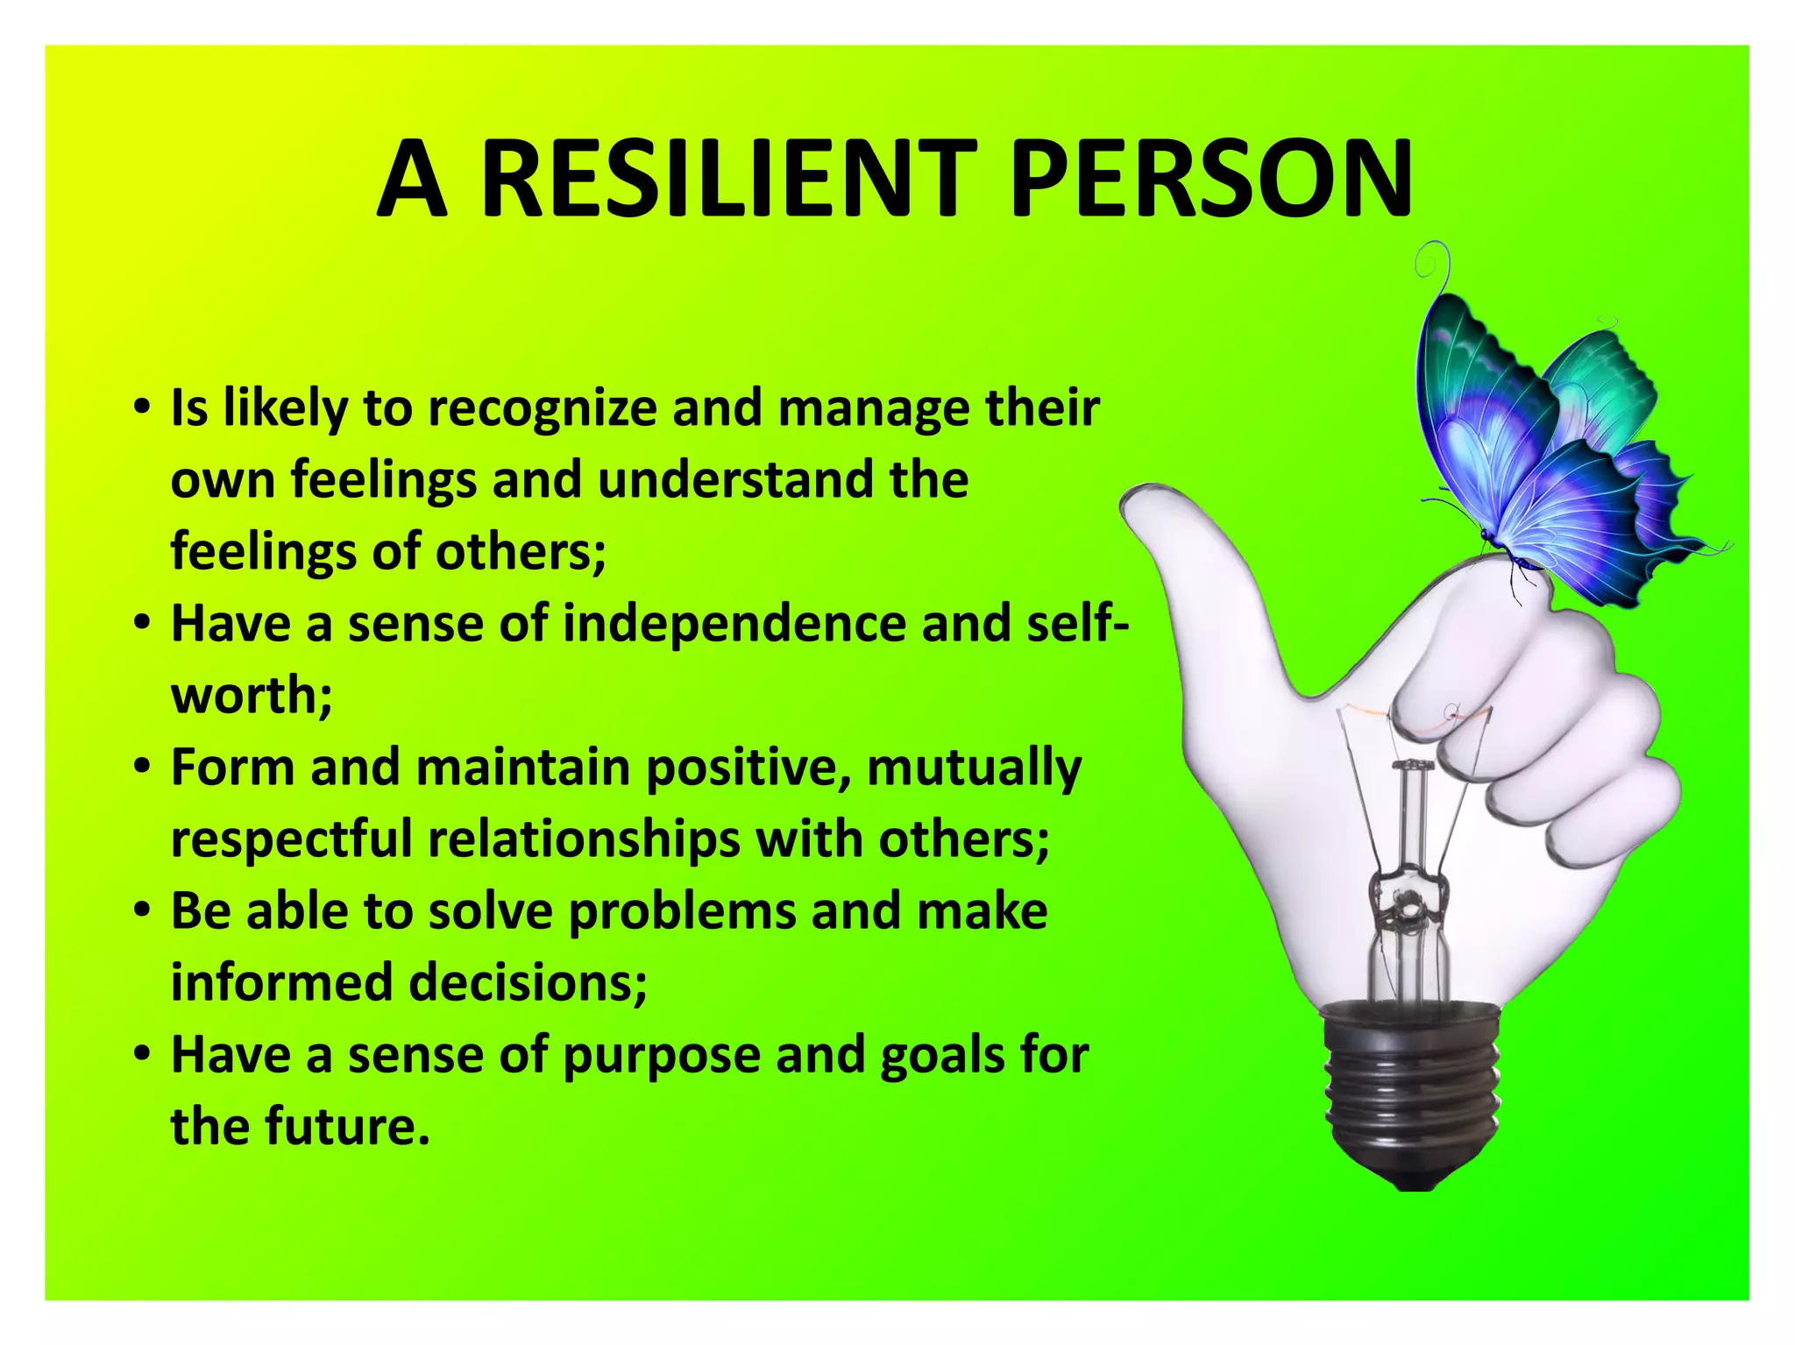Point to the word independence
pyautogui.click(x=734, y=623)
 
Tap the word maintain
pyautogui.click(x=523, y=768)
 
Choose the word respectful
pyautogui.click(x=291, y=839)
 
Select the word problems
pyautogui.click(x=682, y=911)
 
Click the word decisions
pyautogui.click(x=528, y=982)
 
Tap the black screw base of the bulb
pyautogui.click(x=1411, y=1095)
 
